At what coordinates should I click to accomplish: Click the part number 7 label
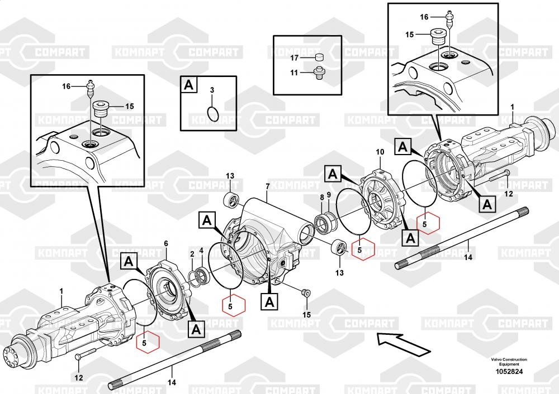pyautogui.click(x=268, y=185)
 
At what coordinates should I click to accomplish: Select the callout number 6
pyautogui.click(x=166, y=243)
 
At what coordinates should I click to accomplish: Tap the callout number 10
pyautogui.click(x=380, y=152)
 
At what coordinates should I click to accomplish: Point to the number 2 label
pyautogui.click(x=192, y=254)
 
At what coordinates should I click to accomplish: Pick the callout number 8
pyautogui.click(x=322, y=197)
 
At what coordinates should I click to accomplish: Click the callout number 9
pyautogui.click(x=329, y=195)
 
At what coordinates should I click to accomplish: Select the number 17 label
pyautogui.click(x=295, y=57)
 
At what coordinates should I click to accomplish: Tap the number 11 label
pyautogui.click(x=295, y=72)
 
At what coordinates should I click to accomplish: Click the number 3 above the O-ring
pyautogui.click(x=212, y=90)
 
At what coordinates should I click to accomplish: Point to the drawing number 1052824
pyautogui.click(x=509, y=372)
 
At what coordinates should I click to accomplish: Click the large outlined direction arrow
pyautogui.click(x=403, y=342)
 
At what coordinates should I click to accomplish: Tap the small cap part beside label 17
pyautogui.click(x=319, y=57)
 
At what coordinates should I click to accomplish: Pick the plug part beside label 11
pyautogui.click(x=319, y=71)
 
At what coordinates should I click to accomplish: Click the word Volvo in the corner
pyautogui.click(x=498, y=359)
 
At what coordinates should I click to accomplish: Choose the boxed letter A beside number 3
pyautogui.click(x=188, y=85)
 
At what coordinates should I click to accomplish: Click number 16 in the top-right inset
pyautogui.click(x=424, y=17)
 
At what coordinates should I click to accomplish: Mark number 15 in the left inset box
pyautogui.click(x=130, y=106)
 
